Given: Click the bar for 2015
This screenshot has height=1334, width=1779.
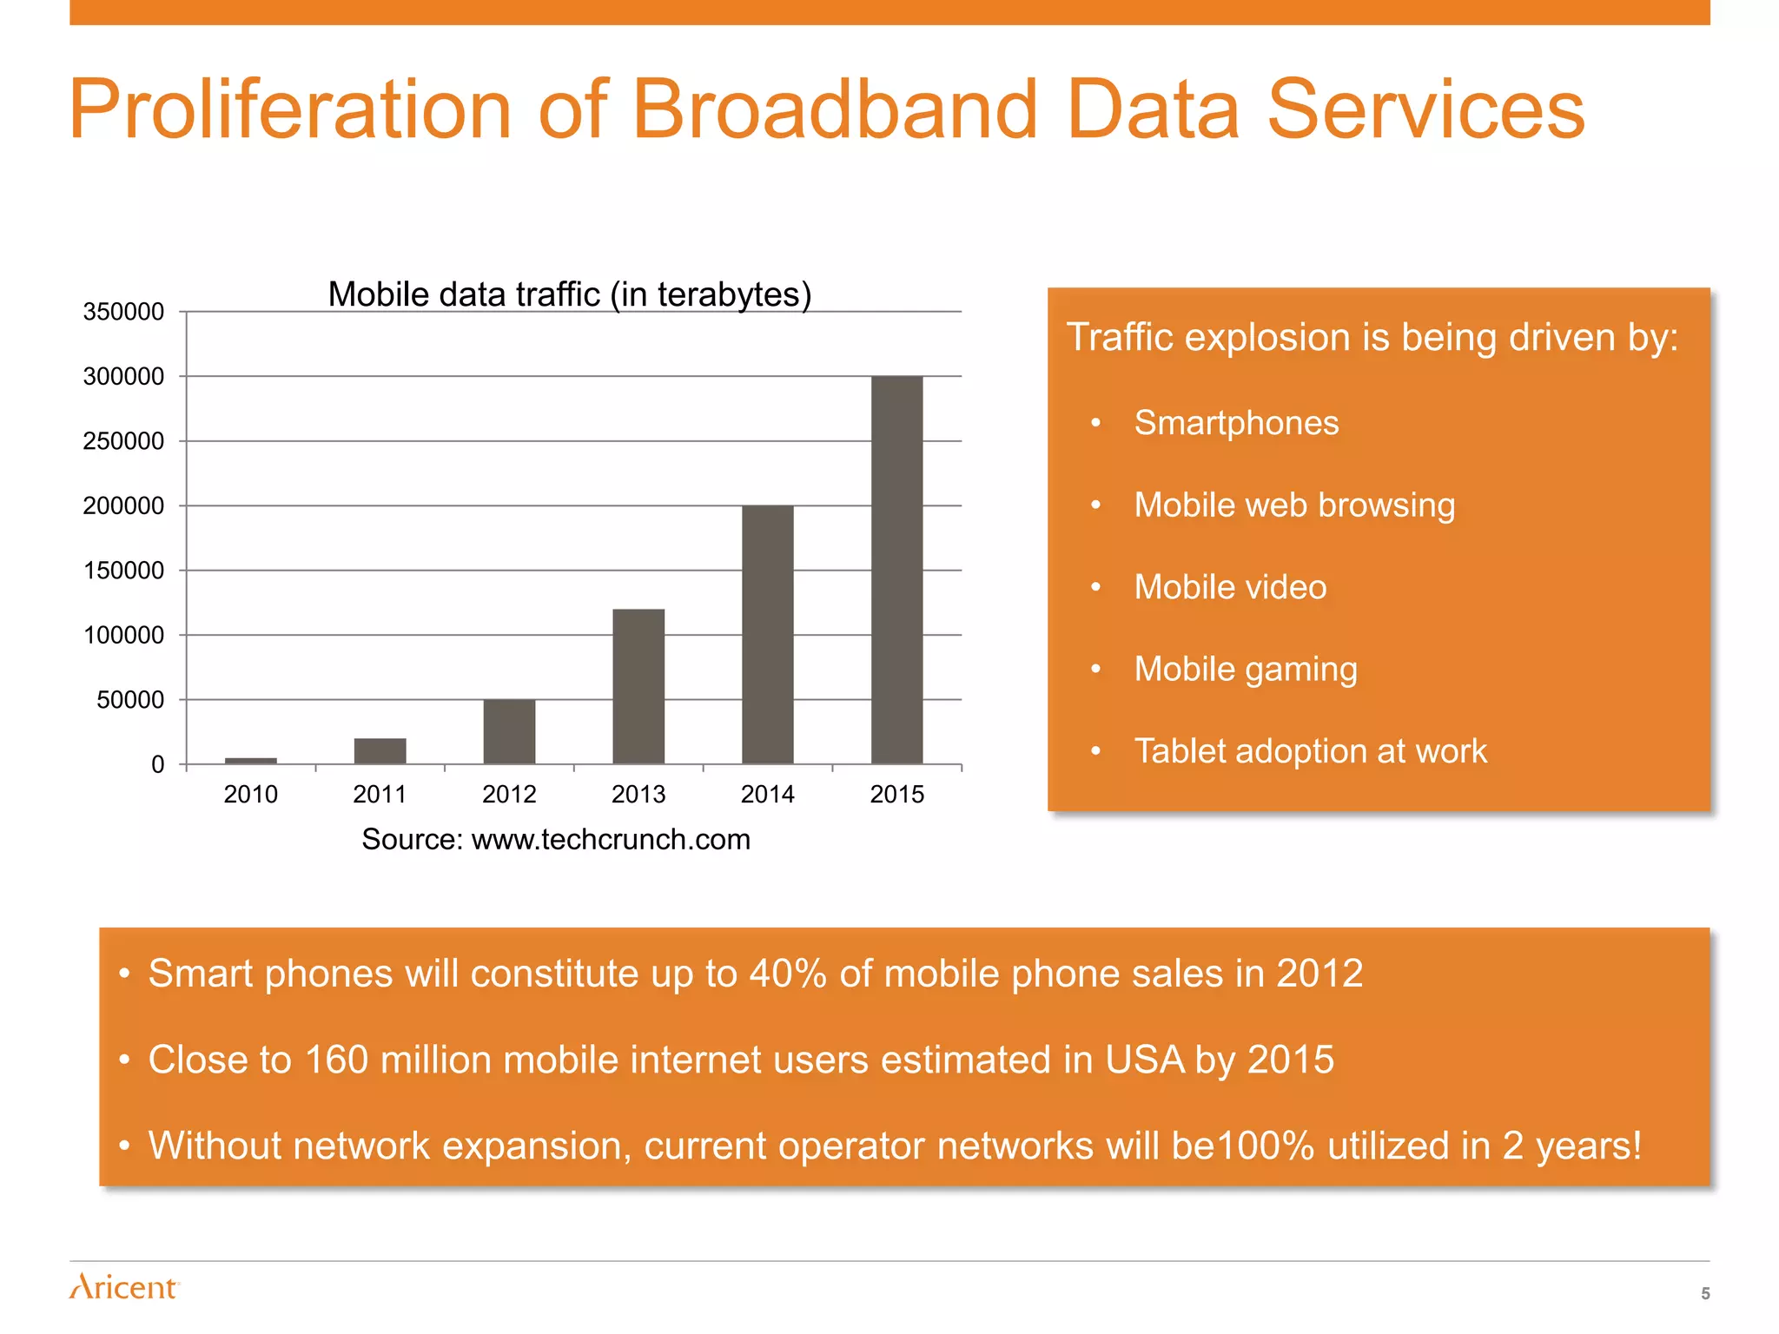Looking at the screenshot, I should tap(896, 570).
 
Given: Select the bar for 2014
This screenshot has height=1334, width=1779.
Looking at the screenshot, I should tap(767, 635).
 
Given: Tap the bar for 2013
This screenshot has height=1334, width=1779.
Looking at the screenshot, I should tap(638, 686).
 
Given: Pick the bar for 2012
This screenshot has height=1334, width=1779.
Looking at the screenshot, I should tap(509, 731).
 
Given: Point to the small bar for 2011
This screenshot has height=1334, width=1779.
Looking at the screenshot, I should tap(380, 751).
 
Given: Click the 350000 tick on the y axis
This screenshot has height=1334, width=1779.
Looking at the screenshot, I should tap(123, 312).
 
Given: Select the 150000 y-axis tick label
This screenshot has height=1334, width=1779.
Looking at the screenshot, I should tap(123, 571).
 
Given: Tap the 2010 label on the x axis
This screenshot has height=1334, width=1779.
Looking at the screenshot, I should tap(250, 794).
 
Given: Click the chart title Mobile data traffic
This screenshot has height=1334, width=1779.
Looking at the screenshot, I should tap(569, 294).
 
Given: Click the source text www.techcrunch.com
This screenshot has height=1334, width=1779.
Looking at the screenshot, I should tap(610, 840).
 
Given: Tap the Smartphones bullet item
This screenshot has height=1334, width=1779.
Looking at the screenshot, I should tap(1235, 423).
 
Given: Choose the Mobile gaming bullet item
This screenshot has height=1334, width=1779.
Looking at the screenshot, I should tap(1245, 670).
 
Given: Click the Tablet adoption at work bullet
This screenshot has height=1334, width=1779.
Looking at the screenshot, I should tap(1310, 751).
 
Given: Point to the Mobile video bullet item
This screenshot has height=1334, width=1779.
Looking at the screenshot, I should tap(1230, 587).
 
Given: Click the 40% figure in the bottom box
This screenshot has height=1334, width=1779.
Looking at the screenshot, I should tap(787, 974).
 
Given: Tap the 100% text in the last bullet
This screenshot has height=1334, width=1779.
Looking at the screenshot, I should tap(1264, 1146).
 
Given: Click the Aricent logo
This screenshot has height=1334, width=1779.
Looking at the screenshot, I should tap(123, 1286).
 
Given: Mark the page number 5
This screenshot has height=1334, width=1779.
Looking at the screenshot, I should tap(1705, 1293).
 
